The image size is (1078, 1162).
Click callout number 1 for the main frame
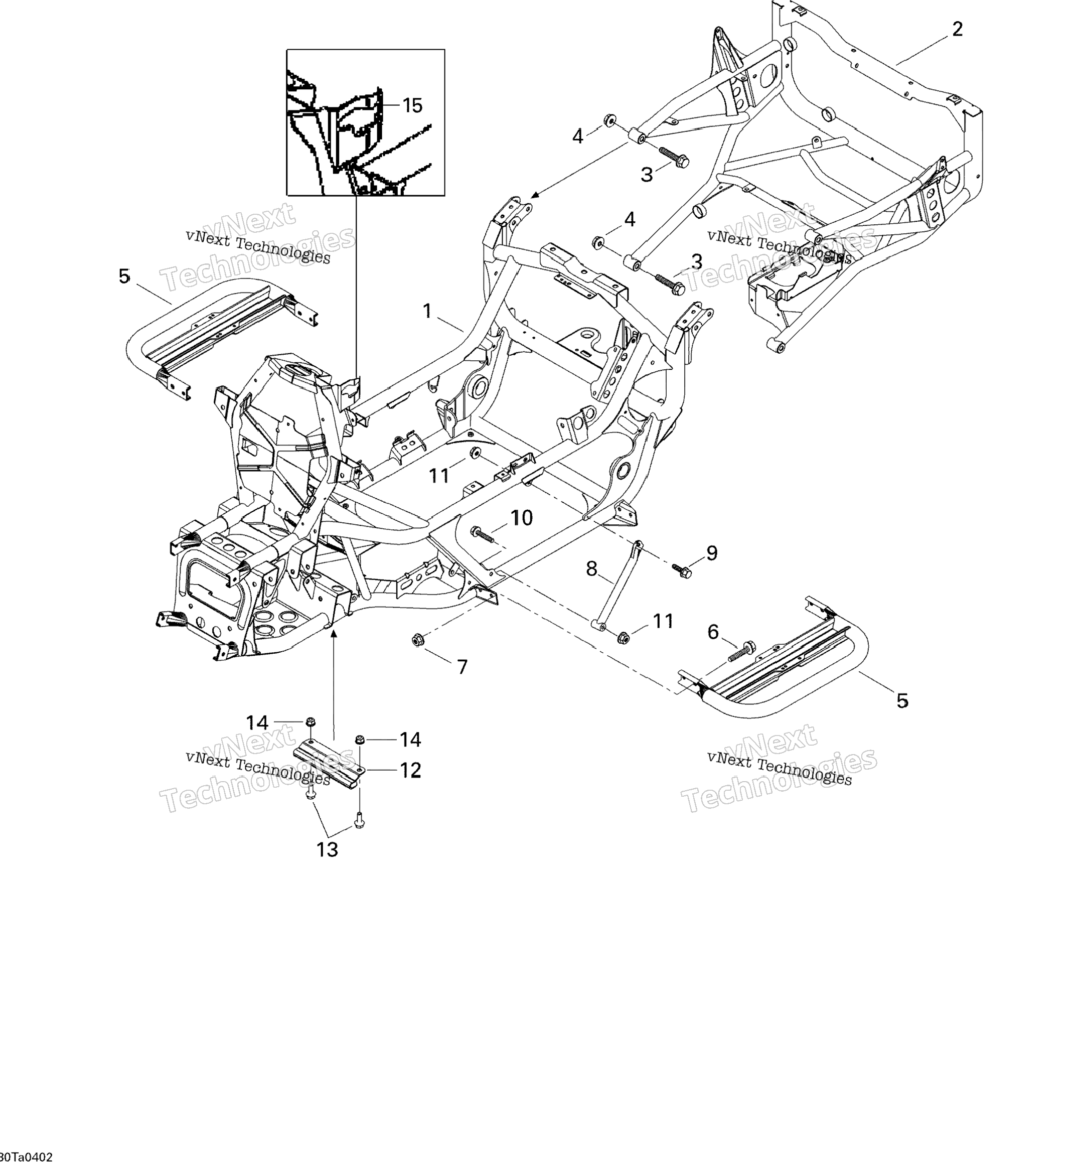pos(427,311)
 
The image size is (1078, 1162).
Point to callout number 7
pos(462,667)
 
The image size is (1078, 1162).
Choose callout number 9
pos(712,553)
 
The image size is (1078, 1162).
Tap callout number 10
pos(522,517)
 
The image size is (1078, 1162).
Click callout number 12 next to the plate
pos(410,771)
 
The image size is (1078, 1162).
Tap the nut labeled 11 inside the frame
pos(475,453)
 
